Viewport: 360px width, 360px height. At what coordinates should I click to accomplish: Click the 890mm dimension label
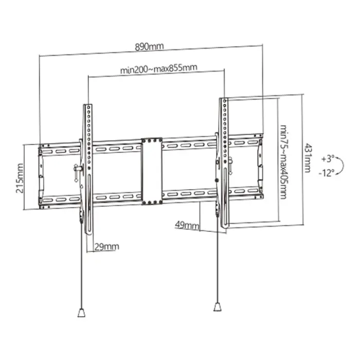point(149,46)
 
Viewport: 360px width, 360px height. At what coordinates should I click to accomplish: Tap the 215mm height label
point(20,177)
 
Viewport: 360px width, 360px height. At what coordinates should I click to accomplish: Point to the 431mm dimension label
point(308,157)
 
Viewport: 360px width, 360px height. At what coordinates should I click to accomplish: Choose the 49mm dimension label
point(186,225)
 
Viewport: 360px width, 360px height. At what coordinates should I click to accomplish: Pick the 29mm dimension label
point(106,247)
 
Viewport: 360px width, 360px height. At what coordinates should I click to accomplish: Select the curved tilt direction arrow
point(340,165)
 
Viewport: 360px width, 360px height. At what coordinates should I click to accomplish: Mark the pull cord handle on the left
point(81,312)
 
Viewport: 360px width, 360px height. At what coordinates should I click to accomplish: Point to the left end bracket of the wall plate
point(41,175)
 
